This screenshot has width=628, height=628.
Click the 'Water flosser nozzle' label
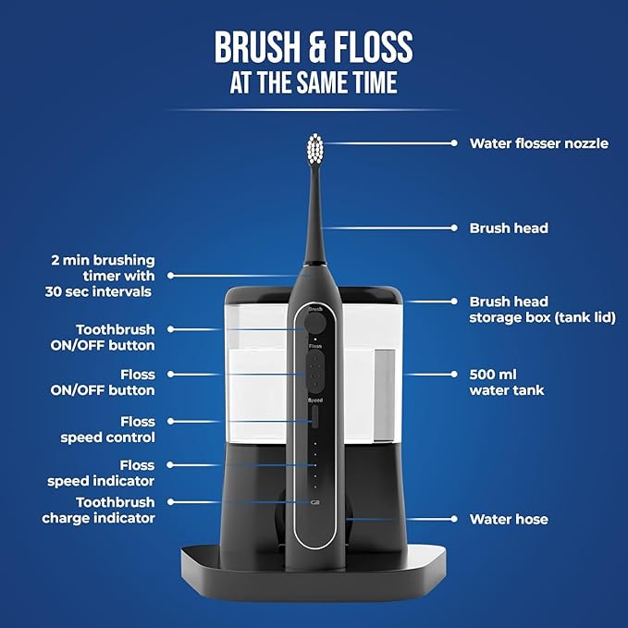tap(538, 143)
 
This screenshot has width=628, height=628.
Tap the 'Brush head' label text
tap(509, 228)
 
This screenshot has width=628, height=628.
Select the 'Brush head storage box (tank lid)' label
tap(542, 310)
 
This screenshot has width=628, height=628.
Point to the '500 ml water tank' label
tap(507, 383)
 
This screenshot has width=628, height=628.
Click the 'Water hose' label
tap(508, 519)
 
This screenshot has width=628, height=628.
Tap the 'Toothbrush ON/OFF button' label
tap(115, 338)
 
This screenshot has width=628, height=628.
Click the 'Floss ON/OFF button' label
tap(115, 383)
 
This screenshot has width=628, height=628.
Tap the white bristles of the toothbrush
tap(315, 147)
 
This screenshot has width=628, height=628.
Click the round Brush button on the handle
tap(315, 323)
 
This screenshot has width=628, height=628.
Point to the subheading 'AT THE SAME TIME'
tap(314, 83)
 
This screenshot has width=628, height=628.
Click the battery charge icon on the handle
tap(314, 503)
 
